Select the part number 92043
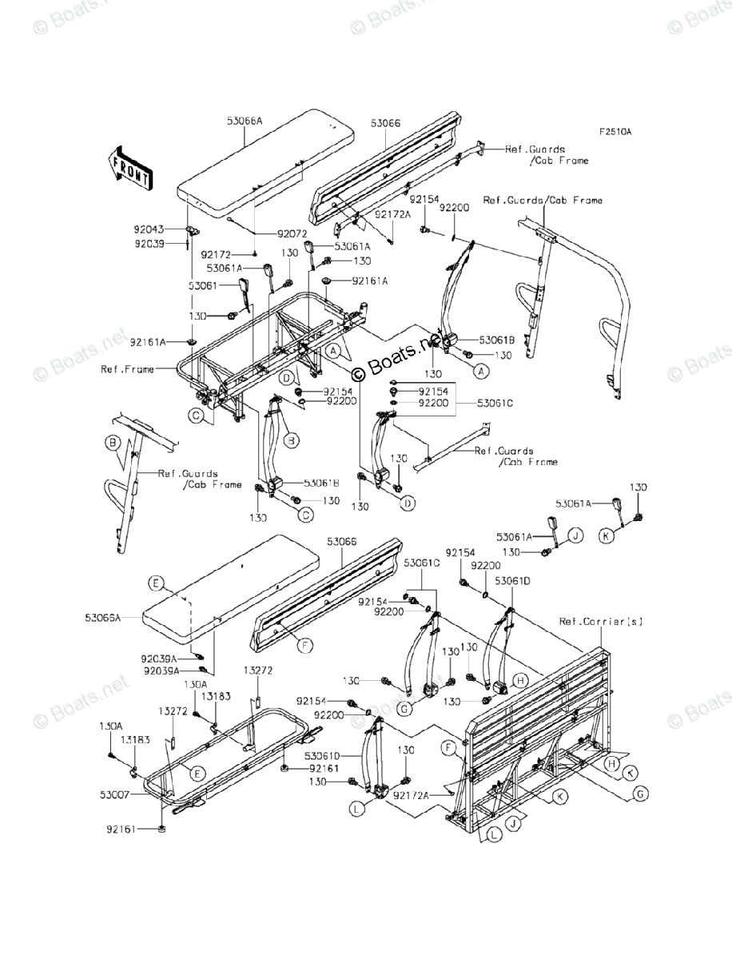[149, 229]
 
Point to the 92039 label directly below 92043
[149, 243]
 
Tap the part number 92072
[292, 233]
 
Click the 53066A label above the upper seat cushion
[245, 121]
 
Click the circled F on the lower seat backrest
[304, 644]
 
